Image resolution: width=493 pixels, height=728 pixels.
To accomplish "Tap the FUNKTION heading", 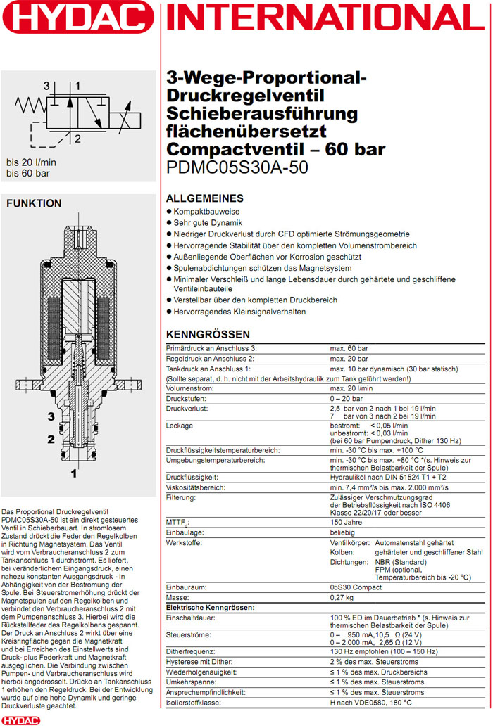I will tap(34, 203).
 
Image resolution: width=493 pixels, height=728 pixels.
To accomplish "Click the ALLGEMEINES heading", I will tap(204, 198).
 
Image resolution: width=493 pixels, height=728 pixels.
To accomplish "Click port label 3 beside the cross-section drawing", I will tap(51, 416).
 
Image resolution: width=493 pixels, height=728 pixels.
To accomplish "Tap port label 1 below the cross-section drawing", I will tap(73, 474).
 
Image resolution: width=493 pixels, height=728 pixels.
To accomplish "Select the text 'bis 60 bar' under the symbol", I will tap(28, 173).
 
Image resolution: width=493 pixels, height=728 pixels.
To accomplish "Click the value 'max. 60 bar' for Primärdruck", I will tap(349, 348).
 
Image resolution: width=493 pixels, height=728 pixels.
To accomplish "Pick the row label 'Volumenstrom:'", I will tap(189, 388).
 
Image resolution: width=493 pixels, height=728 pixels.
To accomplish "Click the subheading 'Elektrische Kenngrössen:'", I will tap(210, 607).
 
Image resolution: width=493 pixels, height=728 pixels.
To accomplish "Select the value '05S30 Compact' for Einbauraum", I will tap(356, 587).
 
